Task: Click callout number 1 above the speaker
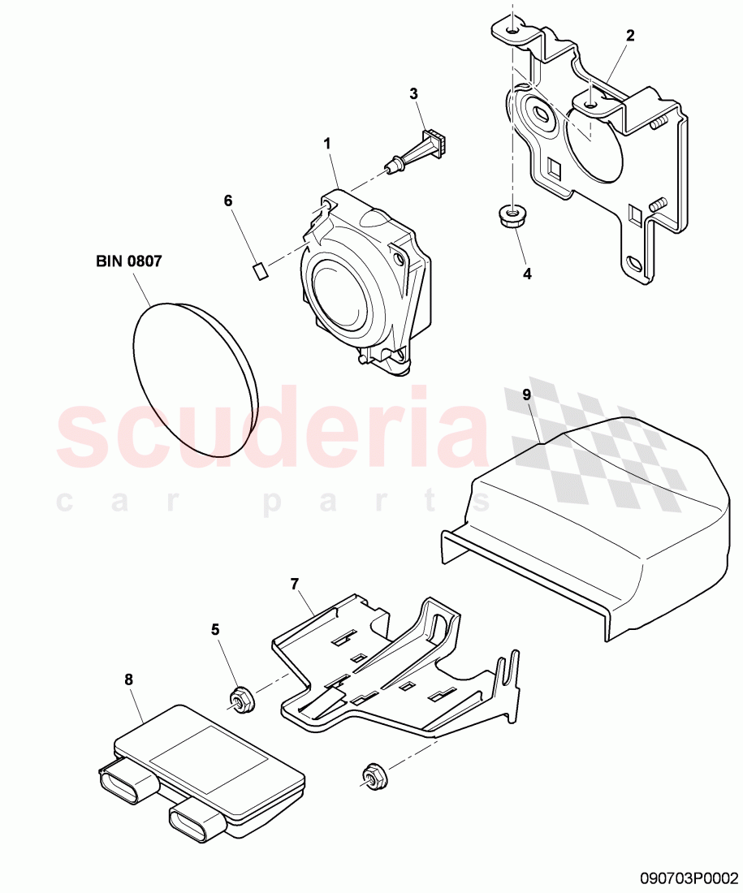tap(327, 144)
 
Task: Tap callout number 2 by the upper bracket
tap(630, 35)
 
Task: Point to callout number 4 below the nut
tap(527, 274)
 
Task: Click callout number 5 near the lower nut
tap(214, 628)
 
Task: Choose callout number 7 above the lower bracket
tap(295, 583)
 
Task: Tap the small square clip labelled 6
tap(261, 270)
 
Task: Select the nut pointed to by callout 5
tap(241, 699)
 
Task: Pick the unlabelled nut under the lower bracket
tap(374, 775)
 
